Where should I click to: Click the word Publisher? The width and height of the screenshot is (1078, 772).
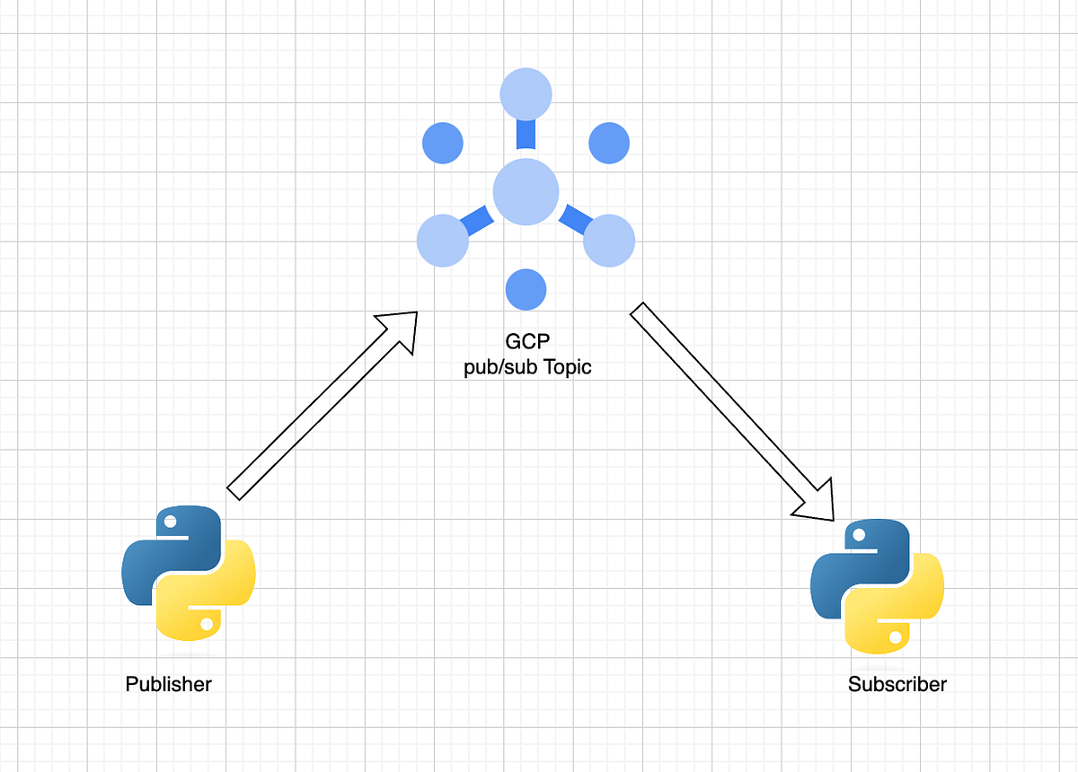[x=168, y=684]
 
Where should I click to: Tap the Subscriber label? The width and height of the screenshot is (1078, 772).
[x=897, y=684]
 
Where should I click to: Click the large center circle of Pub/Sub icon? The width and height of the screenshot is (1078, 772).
[x=526, y=191]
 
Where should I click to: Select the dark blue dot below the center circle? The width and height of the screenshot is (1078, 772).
[x=526, y=290]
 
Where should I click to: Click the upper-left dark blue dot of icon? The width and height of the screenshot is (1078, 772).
[x=442, y=143]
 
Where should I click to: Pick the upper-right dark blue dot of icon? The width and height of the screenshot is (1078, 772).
[x=609, y=143]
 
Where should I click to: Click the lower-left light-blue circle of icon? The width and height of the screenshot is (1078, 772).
[x=443, y=241]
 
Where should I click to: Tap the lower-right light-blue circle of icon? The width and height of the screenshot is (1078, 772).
[x=609, y=241]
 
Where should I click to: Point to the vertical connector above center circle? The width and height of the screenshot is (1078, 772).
[x=526, y=135]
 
